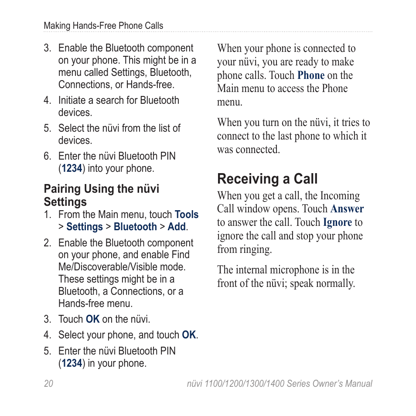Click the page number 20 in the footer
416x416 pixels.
(x=48, y=384)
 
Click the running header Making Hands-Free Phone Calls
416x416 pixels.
(x=103, y=26)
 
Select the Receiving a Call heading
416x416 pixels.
(x=267, y=179)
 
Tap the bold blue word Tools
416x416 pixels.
(x=187, y=215)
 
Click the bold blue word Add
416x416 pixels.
(x=177, y=227)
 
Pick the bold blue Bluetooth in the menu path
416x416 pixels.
(x=135, y=227)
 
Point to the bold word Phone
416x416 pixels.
(x=311, y=75)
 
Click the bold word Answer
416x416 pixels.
(x=347, y=209)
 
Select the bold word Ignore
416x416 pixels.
(x=337, y=222)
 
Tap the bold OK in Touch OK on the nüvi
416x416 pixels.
(x=92, y=319)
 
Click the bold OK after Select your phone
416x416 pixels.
(x=189, y=335)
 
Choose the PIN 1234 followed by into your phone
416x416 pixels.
(x=72, y=168)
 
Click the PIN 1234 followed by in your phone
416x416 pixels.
(x=72, y=363)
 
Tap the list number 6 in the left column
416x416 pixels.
(x=47, y=156)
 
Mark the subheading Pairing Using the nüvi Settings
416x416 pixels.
(x=101, y=195)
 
